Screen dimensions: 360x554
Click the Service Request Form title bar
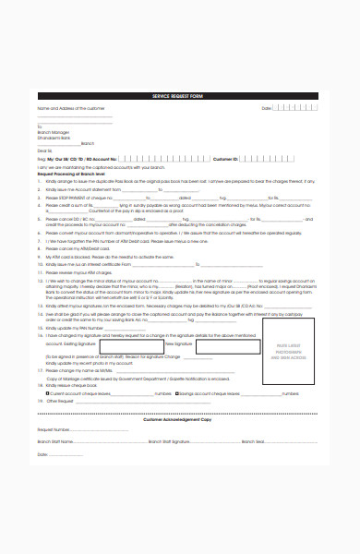pyautogui.click(x=180, y=96)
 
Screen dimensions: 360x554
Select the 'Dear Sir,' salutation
pyautogui.click(x=45, y=149)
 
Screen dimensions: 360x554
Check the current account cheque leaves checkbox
pyautogui.click(x=47, y=391)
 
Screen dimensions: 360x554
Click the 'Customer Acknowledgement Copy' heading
pyautogui.click(x=179, y=418)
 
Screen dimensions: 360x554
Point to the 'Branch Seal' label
pyautogui.click(x=252, y=441)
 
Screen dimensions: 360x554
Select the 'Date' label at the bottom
pyautogui.click(x=42, y=454)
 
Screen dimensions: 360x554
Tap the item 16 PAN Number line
pyautogui.click(x=78, y=327)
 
